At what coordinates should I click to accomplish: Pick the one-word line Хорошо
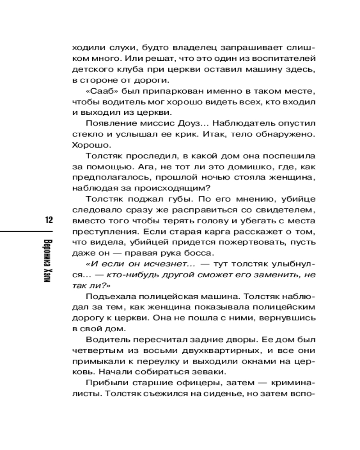point(88,145)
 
